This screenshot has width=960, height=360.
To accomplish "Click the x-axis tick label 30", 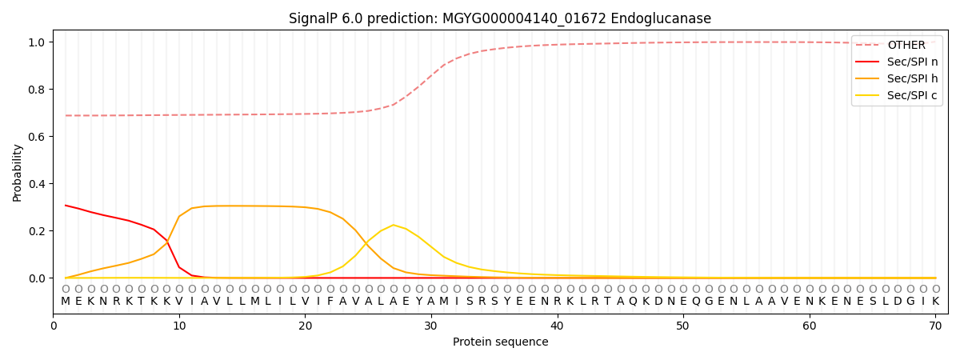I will click(x=431, y=326).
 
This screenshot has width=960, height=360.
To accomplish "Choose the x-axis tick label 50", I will click(x=682, y=326).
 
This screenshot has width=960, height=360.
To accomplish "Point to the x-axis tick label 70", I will click(x=934, y=326).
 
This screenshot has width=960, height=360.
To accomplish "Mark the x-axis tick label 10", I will click(x=179, y=326).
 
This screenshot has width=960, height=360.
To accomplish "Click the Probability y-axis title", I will click(x=17, y=172).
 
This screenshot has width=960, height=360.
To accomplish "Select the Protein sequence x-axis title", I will click(x=500, y=342).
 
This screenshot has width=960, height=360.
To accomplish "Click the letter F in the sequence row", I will click(x=330, y=301).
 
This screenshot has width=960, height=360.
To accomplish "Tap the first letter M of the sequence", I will click(x=66, y=301).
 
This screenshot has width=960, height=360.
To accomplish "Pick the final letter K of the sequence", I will click(x=935, y=301).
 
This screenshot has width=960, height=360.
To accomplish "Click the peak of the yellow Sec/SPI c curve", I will click(x=393, y=225).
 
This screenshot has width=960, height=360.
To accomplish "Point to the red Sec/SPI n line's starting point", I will click(x=66, y=206).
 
